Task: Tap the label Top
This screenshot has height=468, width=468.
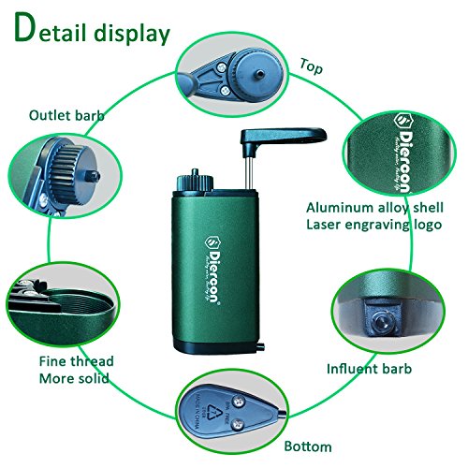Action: [312, 66]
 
